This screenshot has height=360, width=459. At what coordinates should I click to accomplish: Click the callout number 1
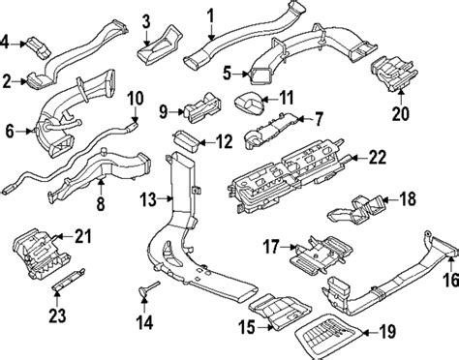click(210, 15)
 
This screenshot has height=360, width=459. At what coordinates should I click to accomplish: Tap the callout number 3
click(146, 21)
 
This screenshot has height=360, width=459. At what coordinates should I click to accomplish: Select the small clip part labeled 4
click(39, 48)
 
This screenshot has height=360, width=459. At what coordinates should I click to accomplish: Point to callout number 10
click(136, 98)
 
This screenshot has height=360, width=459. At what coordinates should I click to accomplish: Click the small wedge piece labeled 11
click(249, 103)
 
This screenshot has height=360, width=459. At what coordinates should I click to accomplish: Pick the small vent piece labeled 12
click(186, 141)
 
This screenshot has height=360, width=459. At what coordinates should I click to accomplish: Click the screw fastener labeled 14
click(148, 288)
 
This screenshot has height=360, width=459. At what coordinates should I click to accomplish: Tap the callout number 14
click(144, 322)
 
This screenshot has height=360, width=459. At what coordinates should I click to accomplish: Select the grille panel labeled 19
click(328, 336)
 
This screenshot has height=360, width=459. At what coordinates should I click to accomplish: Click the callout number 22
click(378, 158)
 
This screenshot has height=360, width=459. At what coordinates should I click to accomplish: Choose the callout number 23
click(57, 315)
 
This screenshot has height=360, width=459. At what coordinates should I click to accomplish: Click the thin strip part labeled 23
click(69, 279)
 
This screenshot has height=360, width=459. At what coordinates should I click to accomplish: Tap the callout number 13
click(148, 199)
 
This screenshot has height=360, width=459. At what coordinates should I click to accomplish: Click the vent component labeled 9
click(202, 107)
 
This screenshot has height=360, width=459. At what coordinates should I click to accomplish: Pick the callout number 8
click(101, 203)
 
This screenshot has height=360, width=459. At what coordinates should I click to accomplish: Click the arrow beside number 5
click(242, 75)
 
